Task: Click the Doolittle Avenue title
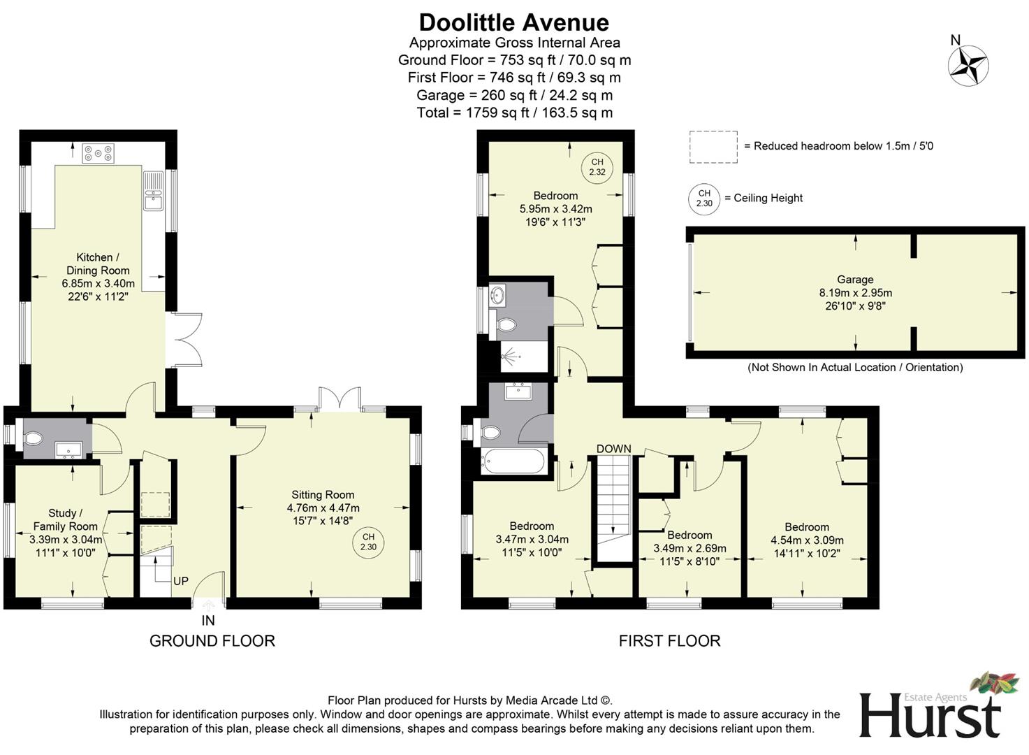pyautogui.click(x=513, y=22)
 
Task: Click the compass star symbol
pyautogui.click(x=968, y=66)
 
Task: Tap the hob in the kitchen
pyautogui.click(x=98, y=153)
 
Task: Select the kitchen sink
pyautogui.click(x=152, y=191)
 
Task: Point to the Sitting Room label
pyautogui.click(x=323, y=495)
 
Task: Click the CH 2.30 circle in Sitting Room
pyautogui.click(x=368, y=542)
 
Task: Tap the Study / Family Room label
pyautogui.click(x=65, y=519)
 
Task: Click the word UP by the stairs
pyautogui.click(x=180, y=581)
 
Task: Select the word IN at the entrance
pyautogui.click(x=208, y=620)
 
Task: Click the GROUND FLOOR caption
pyautogui.click(x=212, y=640)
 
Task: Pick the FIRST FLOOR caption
pyautogui.click(x=669, y=640)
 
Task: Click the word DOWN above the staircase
pyautogui.click(x=613, y=449)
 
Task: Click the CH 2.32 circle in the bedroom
pyautogui.click(x=597, y=166)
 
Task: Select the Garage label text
pyautogui.click(x=855, y=280)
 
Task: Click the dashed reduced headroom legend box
pyautogui.click(x=713, y=147)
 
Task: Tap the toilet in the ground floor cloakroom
pyautogui.click(x=32, y=438)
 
